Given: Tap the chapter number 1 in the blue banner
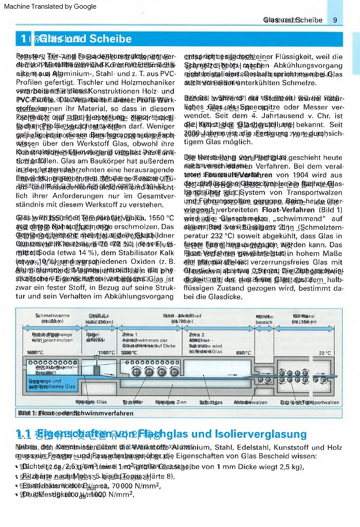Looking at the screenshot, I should click(x=23, y=40).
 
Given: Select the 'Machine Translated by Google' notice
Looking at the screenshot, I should click(x=48, y=6).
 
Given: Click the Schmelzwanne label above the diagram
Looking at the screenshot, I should click(x=53, y=317).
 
